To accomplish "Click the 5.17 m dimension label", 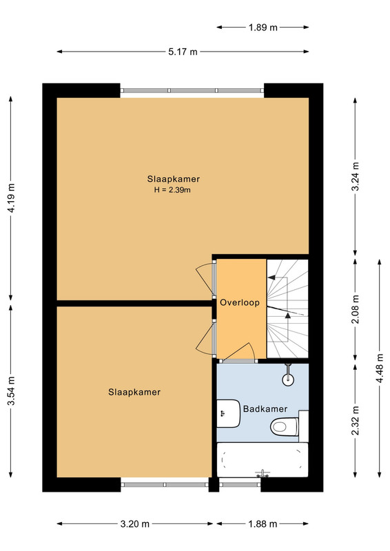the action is (x=183, y=52).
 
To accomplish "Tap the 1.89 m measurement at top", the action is (x=263, y=27).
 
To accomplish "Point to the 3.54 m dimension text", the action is (x=11, y=391).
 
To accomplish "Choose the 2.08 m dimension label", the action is (x=355, y=309).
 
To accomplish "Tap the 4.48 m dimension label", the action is (x=380, y=369).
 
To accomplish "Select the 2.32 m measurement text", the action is (x=355, y=420).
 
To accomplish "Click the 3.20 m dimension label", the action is (x=134, y=524).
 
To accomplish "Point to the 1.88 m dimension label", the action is (x=263, y=524).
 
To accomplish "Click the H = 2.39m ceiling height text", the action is (x=172, y=190).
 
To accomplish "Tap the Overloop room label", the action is (x=240, y=302).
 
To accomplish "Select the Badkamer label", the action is (x=265, y=408).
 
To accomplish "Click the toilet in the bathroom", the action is (x=285, y=427).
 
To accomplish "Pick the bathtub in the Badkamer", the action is (x=263, y=459).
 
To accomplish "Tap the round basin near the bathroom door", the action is (x=289, y=378).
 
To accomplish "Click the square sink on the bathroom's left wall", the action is (x=228, y=413).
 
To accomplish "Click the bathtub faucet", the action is (x=263, y=473).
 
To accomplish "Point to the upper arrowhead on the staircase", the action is (x=271, y=278).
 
